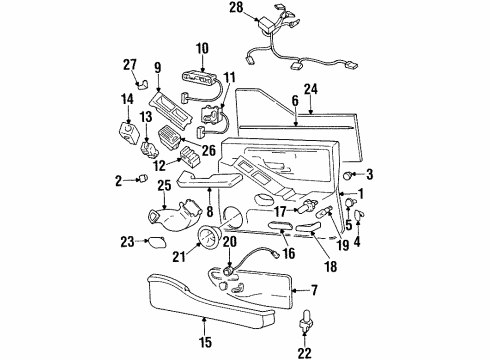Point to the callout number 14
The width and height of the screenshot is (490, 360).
[x=126, y=99]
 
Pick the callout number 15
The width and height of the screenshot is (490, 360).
[x=204, y=323]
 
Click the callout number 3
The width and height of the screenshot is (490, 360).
[x=367, y=175]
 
